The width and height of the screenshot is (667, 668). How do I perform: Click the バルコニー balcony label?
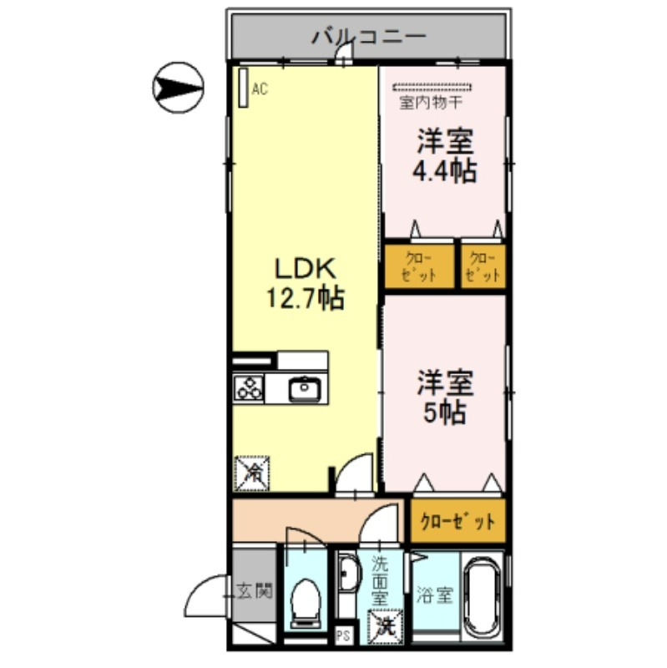pyautogui.click(x=369, y=36)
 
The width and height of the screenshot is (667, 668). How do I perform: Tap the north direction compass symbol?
pyautogui.click(x=178, y=88)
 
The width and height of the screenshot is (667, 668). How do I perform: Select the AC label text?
pyautogui.click(x=260, y=89)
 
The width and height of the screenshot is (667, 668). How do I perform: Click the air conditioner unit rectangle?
pyautogui.click(x=243, y=88)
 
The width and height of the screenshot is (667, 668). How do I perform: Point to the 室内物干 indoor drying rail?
pyautogui.click(x=432, y=88)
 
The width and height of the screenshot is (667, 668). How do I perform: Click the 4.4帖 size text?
pyautogui.click(x=445, y=171)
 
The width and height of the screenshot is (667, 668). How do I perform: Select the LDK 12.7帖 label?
pyautogui.click(x=306, y=283)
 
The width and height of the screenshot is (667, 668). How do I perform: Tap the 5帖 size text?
pyautogui.click(x=445, y=412)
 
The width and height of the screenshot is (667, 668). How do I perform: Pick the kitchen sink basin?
pyautogui.click(x=305, y=388)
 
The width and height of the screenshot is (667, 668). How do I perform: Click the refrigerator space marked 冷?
pyautogui.click(x=252, y=473)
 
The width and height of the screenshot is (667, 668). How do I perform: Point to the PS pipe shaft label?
pyautogui.click(x=343, y=636)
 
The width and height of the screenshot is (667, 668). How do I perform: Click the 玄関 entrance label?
pyautogui.click(x=255, y=591)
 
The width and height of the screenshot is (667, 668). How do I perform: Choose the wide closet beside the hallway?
pyautogui.click(x=457, y=520)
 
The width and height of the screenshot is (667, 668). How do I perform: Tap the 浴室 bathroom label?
pyautogui.click(x=434, y=595)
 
